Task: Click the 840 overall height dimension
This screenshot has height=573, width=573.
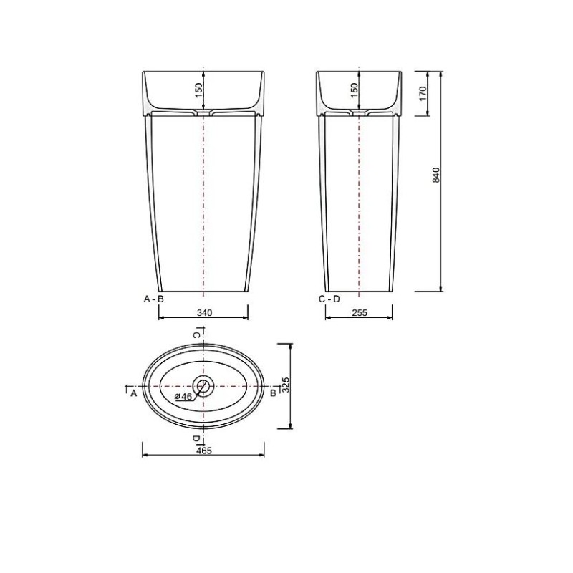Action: [436, 175]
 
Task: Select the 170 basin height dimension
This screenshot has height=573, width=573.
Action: [423, 94]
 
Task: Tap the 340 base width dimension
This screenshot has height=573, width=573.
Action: [204, 313]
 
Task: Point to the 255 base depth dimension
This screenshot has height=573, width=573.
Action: [360, 313]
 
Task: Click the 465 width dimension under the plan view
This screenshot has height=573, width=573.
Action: [204, 451]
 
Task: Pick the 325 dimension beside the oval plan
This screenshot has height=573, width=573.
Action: [286, 385]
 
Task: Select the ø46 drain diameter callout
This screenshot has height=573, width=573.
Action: [183, 396]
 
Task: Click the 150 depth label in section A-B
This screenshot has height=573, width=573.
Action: [198, 90]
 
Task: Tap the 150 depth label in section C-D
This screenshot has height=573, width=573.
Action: [354, 90]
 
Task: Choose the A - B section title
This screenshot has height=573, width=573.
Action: [154, 299]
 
